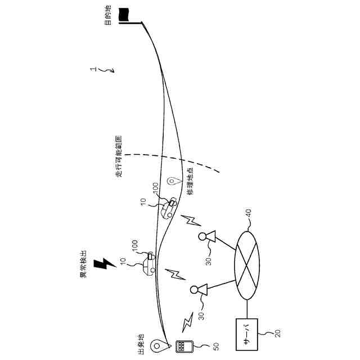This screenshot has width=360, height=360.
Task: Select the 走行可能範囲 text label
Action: (x=119, y=157)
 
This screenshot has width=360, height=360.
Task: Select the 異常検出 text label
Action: (x=84, y=263)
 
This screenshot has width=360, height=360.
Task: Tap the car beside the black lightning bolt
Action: (x=147, y=264)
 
